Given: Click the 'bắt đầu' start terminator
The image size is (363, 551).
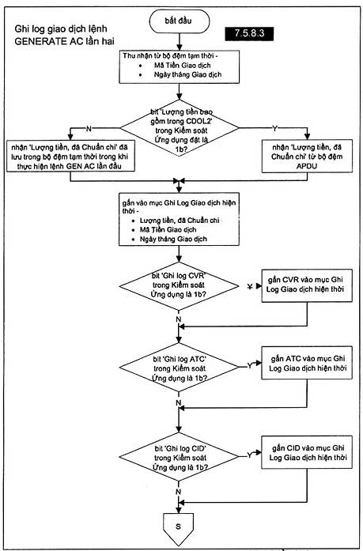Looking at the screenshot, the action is (180, 21).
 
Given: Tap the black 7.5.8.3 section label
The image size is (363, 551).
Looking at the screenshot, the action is (249, 33).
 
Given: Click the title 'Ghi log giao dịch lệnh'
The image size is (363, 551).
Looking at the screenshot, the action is (61, 28).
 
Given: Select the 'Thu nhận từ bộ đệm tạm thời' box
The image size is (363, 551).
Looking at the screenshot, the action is (180, 66).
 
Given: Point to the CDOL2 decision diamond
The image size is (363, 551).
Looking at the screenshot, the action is (180, 128).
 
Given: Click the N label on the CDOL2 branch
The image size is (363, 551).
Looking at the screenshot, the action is (89, 129).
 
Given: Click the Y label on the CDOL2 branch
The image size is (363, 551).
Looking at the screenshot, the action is (274, 129).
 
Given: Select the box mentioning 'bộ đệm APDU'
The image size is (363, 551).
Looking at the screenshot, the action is (307, 157).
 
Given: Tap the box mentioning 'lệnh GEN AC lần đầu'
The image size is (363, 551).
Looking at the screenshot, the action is (70, 157).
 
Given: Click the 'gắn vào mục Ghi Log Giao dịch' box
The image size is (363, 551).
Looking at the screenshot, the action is (180, 219).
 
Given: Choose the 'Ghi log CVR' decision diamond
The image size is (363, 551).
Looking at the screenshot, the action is (180, 286).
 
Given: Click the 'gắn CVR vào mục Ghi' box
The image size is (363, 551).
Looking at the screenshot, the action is (307, 285).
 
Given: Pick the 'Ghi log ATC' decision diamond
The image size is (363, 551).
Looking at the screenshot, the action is (180, 368).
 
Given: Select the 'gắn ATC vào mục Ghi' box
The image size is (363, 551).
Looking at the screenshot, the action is (307, 363).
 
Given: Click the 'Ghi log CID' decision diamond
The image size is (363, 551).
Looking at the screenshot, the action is (180, 457).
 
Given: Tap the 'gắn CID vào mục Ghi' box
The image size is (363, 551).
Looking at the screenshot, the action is (307, 453).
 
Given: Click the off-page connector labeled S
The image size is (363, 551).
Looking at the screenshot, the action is (179, 528).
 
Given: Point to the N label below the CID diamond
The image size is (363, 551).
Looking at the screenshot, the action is (178, 492).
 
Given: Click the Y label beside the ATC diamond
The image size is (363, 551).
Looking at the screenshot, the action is (249, 366).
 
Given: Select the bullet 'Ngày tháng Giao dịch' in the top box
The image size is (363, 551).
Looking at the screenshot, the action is (187, 74).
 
